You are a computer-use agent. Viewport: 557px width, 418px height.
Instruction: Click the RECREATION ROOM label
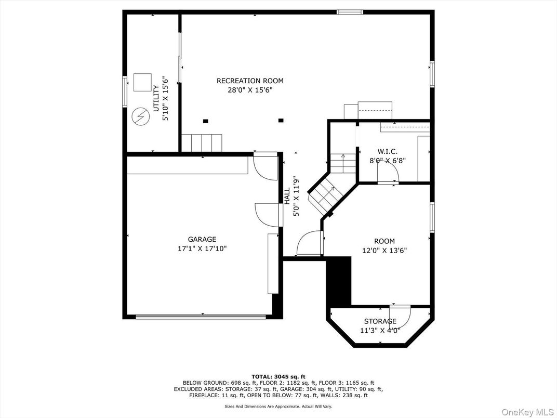(250, 81)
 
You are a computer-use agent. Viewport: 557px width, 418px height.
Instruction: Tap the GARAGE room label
(202, 240)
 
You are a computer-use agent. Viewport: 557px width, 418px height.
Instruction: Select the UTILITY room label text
(156, 98)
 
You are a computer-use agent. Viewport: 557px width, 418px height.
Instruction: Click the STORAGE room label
(380, 321)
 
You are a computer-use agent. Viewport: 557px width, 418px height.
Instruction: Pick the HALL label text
(287, 196)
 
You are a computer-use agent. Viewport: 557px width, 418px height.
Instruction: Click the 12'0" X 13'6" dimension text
(384, 250)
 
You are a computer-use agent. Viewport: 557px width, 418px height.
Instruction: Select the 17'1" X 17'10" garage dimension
(202, 249)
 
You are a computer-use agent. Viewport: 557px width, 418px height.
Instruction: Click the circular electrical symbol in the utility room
(140, 116)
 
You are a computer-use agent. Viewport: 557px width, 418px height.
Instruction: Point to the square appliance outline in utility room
(142, 83)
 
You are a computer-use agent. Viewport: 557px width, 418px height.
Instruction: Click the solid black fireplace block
(339, 281)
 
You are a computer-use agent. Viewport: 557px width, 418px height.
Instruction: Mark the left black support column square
(205, 121)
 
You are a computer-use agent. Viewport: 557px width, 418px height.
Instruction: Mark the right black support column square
(281, 120)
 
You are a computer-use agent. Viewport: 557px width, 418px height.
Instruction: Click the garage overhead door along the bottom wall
(201, 316)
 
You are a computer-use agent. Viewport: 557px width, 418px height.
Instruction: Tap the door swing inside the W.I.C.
(388, 173)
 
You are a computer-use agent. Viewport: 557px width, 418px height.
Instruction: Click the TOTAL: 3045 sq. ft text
(278, 377)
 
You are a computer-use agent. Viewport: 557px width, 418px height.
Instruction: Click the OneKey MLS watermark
(527, 412)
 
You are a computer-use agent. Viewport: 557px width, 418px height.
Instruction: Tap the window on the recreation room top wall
(350, 12)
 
